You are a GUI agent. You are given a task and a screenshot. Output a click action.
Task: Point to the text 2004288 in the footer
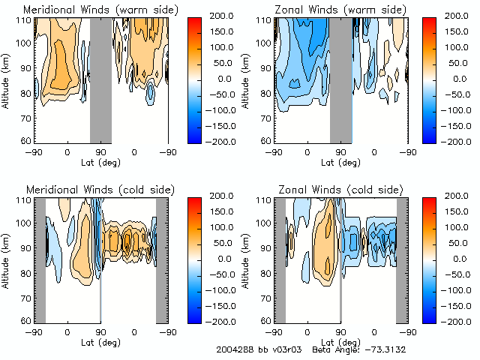tap(235, 350)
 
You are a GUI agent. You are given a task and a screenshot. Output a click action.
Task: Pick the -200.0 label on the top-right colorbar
tap(463, 141)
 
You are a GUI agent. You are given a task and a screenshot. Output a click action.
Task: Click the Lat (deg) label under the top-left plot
tap(100, 160)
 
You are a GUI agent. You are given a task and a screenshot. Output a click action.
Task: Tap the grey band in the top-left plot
tap(100, 79)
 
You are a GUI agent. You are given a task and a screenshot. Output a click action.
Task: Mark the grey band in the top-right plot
tap(340, 79)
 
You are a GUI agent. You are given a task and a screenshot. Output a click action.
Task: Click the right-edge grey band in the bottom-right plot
tap(401, 259)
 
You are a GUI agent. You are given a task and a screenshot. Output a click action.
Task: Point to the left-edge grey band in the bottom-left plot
tap(40, 259)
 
